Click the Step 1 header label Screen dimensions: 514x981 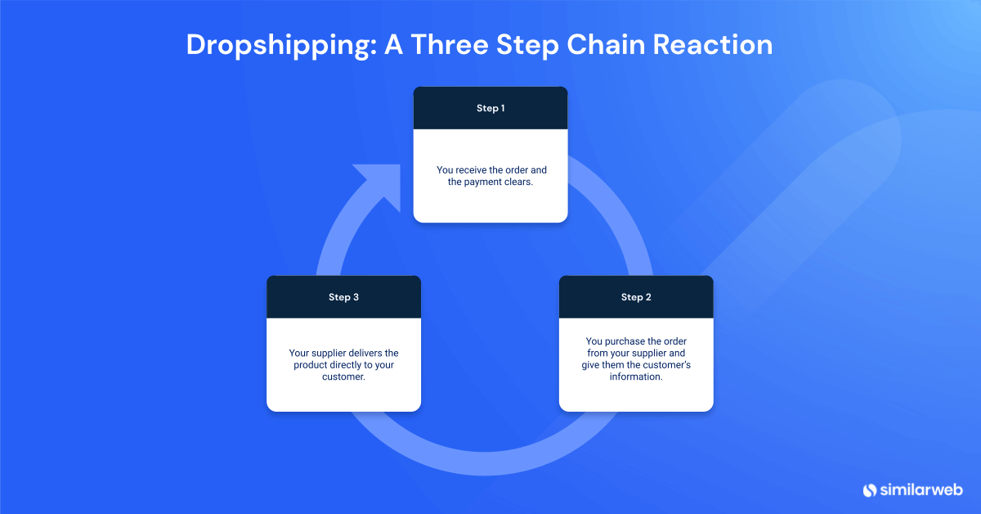(x=490, y=108)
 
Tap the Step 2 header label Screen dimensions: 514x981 (x=636, y=297)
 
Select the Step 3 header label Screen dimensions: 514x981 (x=343, y=297)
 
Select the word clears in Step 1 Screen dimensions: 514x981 (x=519, y=183)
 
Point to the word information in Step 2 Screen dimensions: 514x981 (x=636, y=377)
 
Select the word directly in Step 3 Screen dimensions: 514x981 (x=352, y=365)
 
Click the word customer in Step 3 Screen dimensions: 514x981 (x=342, y=377)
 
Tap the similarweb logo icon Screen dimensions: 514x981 (x=870, y=490)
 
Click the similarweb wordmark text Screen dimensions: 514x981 (x=921, y=490)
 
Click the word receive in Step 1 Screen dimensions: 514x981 (x=473, y=170)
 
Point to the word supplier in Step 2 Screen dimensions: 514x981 (x=646, y=353)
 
